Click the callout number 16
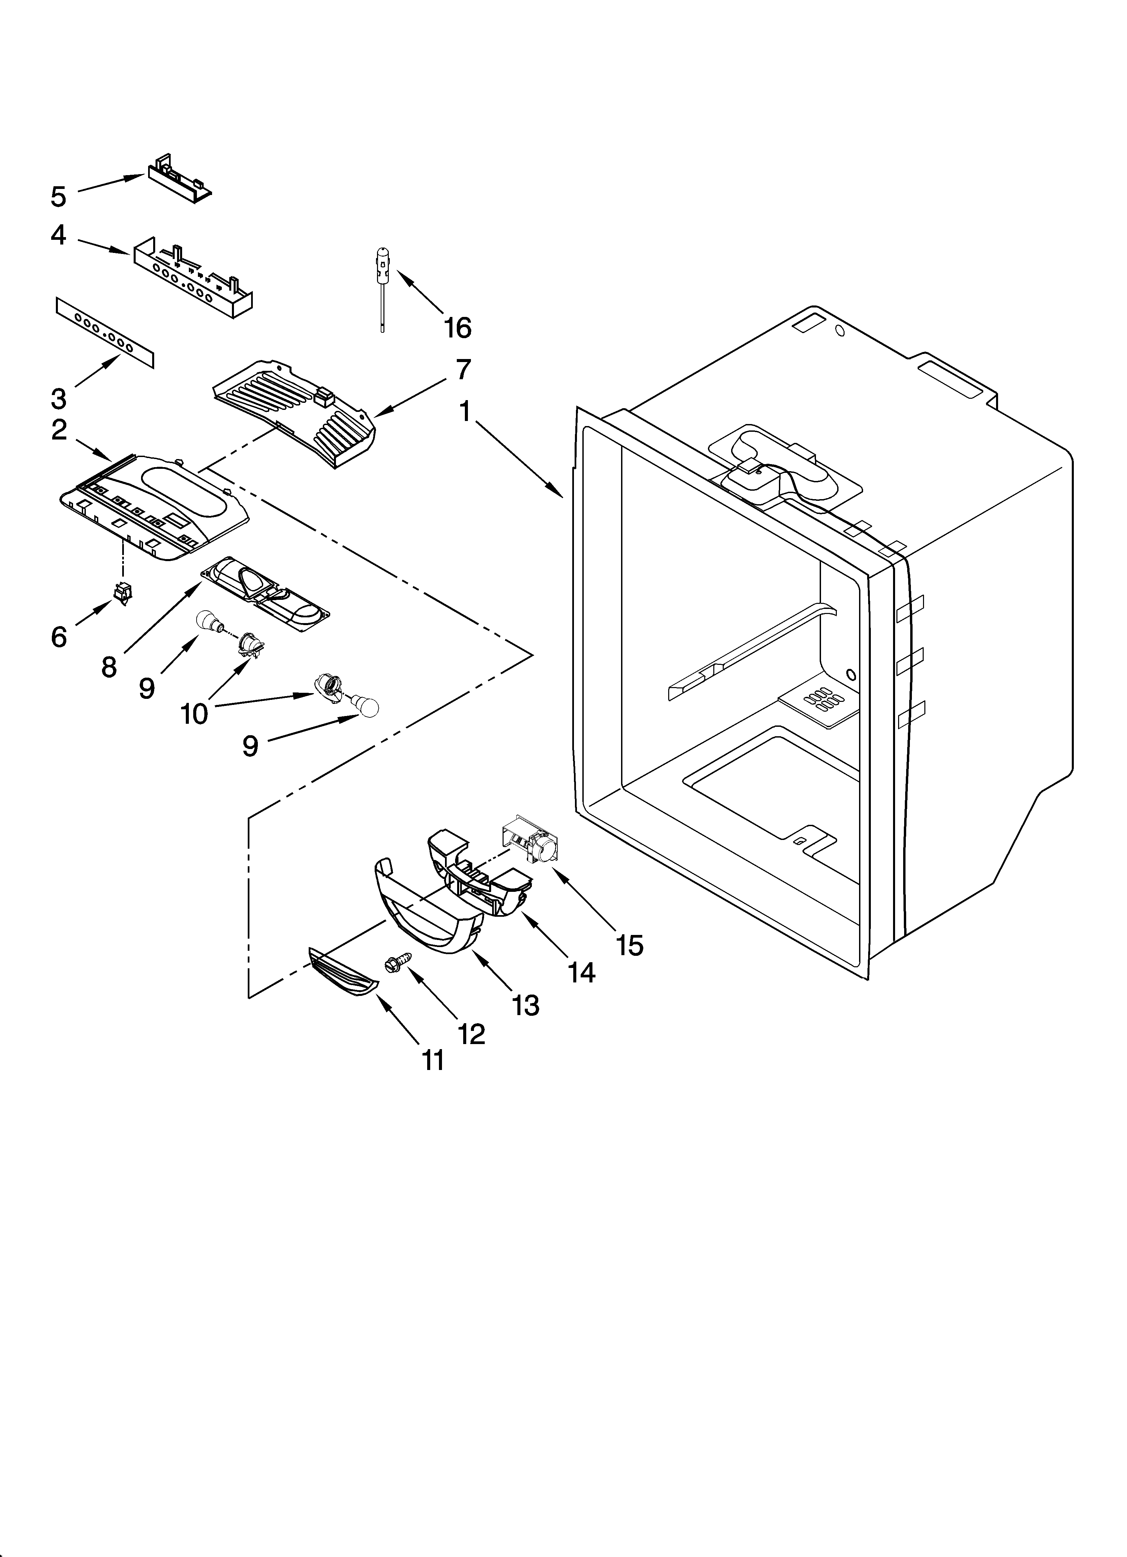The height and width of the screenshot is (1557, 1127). pos(457,328)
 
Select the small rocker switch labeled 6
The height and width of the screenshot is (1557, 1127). pos(124,593)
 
